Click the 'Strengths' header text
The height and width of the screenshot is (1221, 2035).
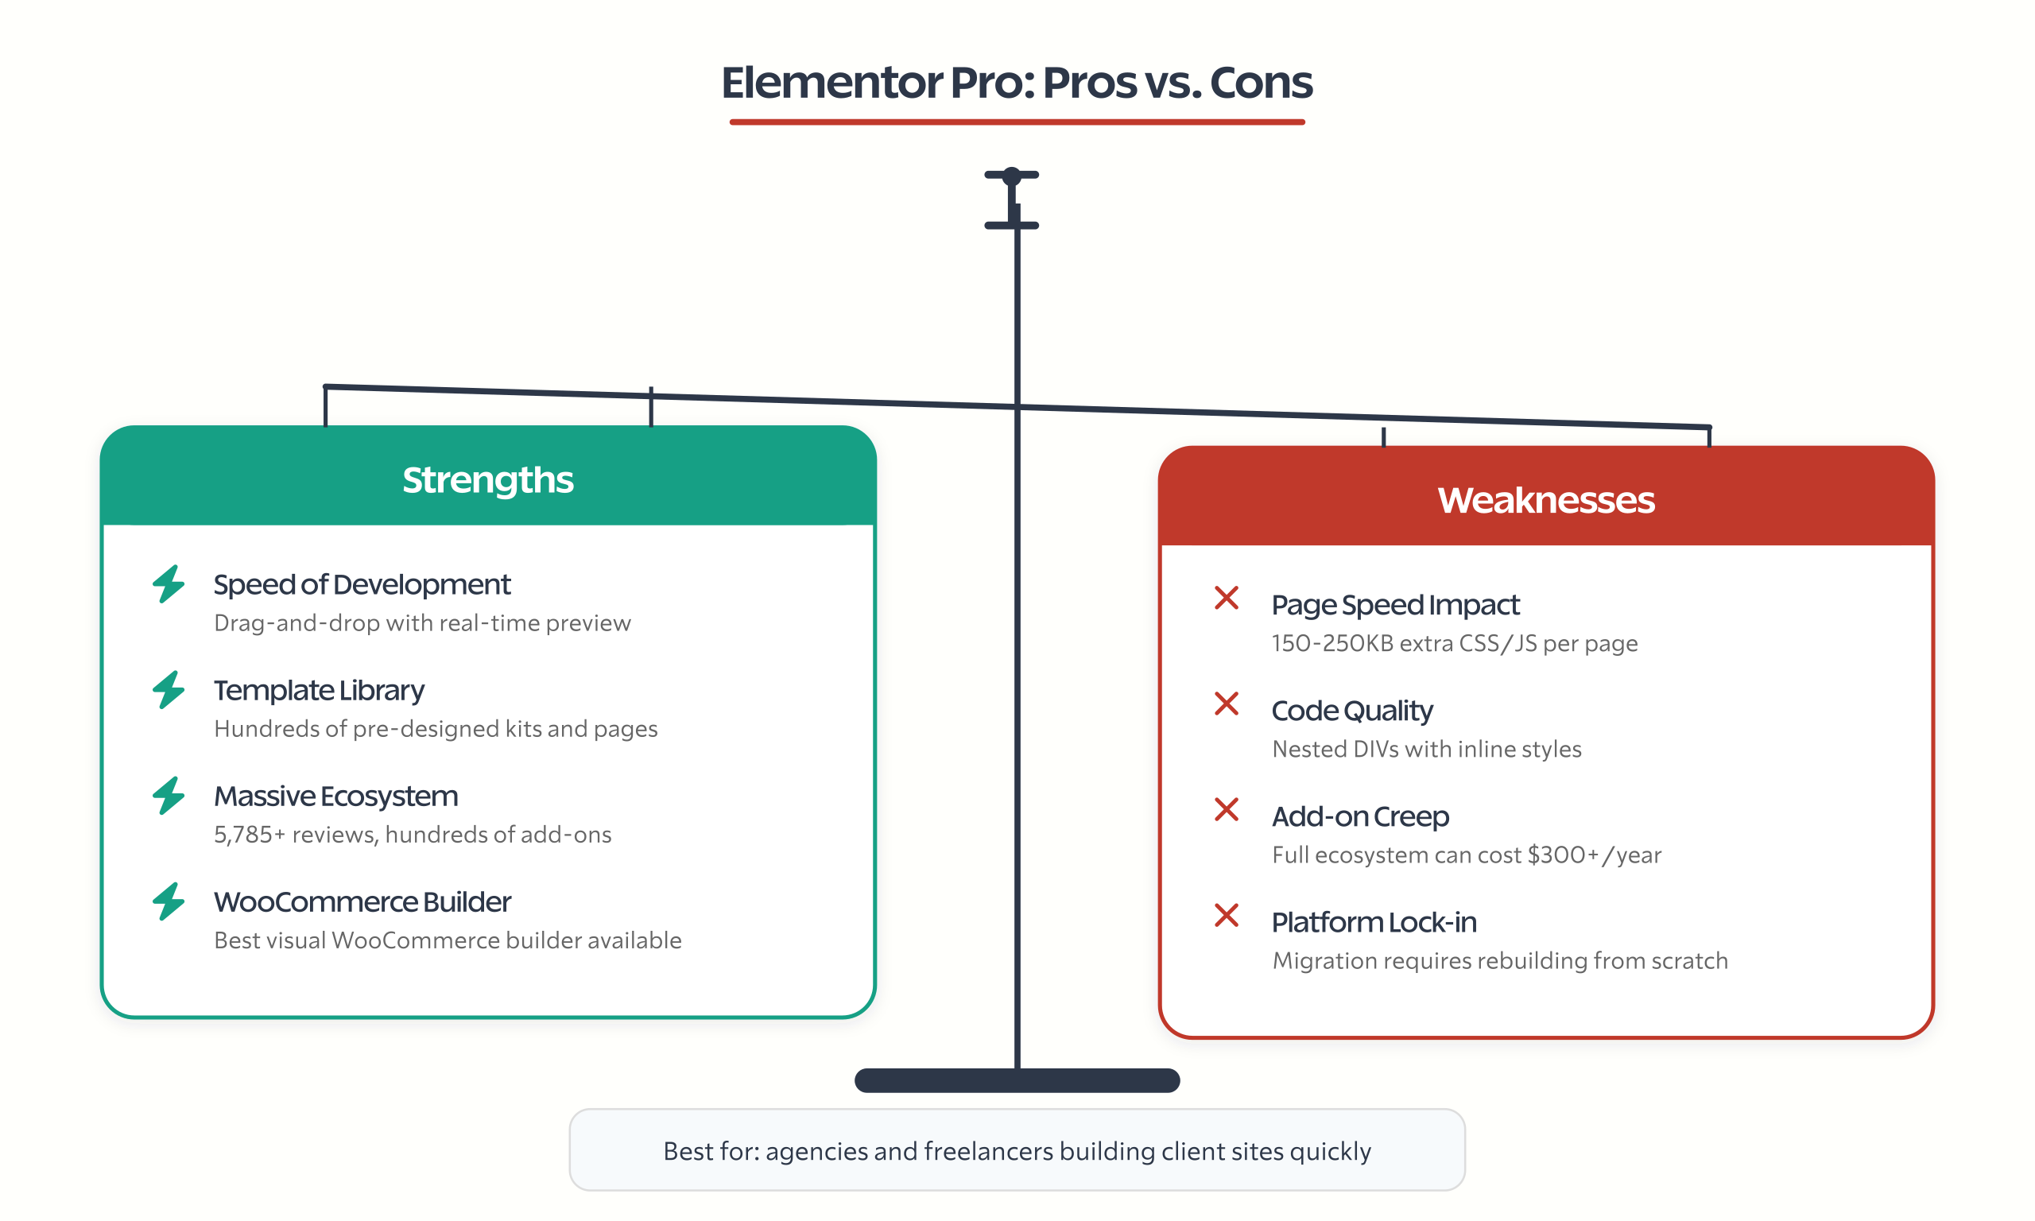click(x=487, y=479)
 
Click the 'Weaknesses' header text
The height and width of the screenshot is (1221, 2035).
click(x=1545, y=500)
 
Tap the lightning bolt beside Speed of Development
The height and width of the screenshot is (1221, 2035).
click(x=169, y=584)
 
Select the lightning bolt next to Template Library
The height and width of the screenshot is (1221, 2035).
click(x=169, y=689)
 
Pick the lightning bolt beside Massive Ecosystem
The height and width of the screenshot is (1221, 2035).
click(x=169, y=796)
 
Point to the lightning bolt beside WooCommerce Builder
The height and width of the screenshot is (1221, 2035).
click(x=169, y=901)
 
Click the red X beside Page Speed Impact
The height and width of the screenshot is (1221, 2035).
click(x=1227, y=598)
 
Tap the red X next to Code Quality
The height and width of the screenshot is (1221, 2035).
click(x=1227, y=704)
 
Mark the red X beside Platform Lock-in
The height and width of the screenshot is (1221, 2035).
click(x=1227, y=915)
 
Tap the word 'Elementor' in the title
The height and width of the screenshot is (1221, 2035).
click(x=831, y=83)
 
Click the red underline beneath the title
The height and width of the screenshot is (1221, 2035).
click(x=1017, y=122)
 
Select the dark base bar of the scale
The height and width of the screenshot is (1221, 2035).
click(x=1017, y=1080)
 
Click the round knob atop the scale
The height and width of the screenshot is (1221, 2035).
click(x=1012, y=175)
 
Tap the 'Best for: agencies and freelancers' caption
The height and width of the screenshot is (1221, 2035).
click(x=1017, y=1151)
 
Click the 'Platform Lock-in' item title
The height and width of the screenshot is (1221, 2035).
click(x=1374, y=922)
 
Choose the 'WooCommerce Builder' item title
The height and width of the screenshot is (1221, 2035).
click(x=362, y=902)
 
